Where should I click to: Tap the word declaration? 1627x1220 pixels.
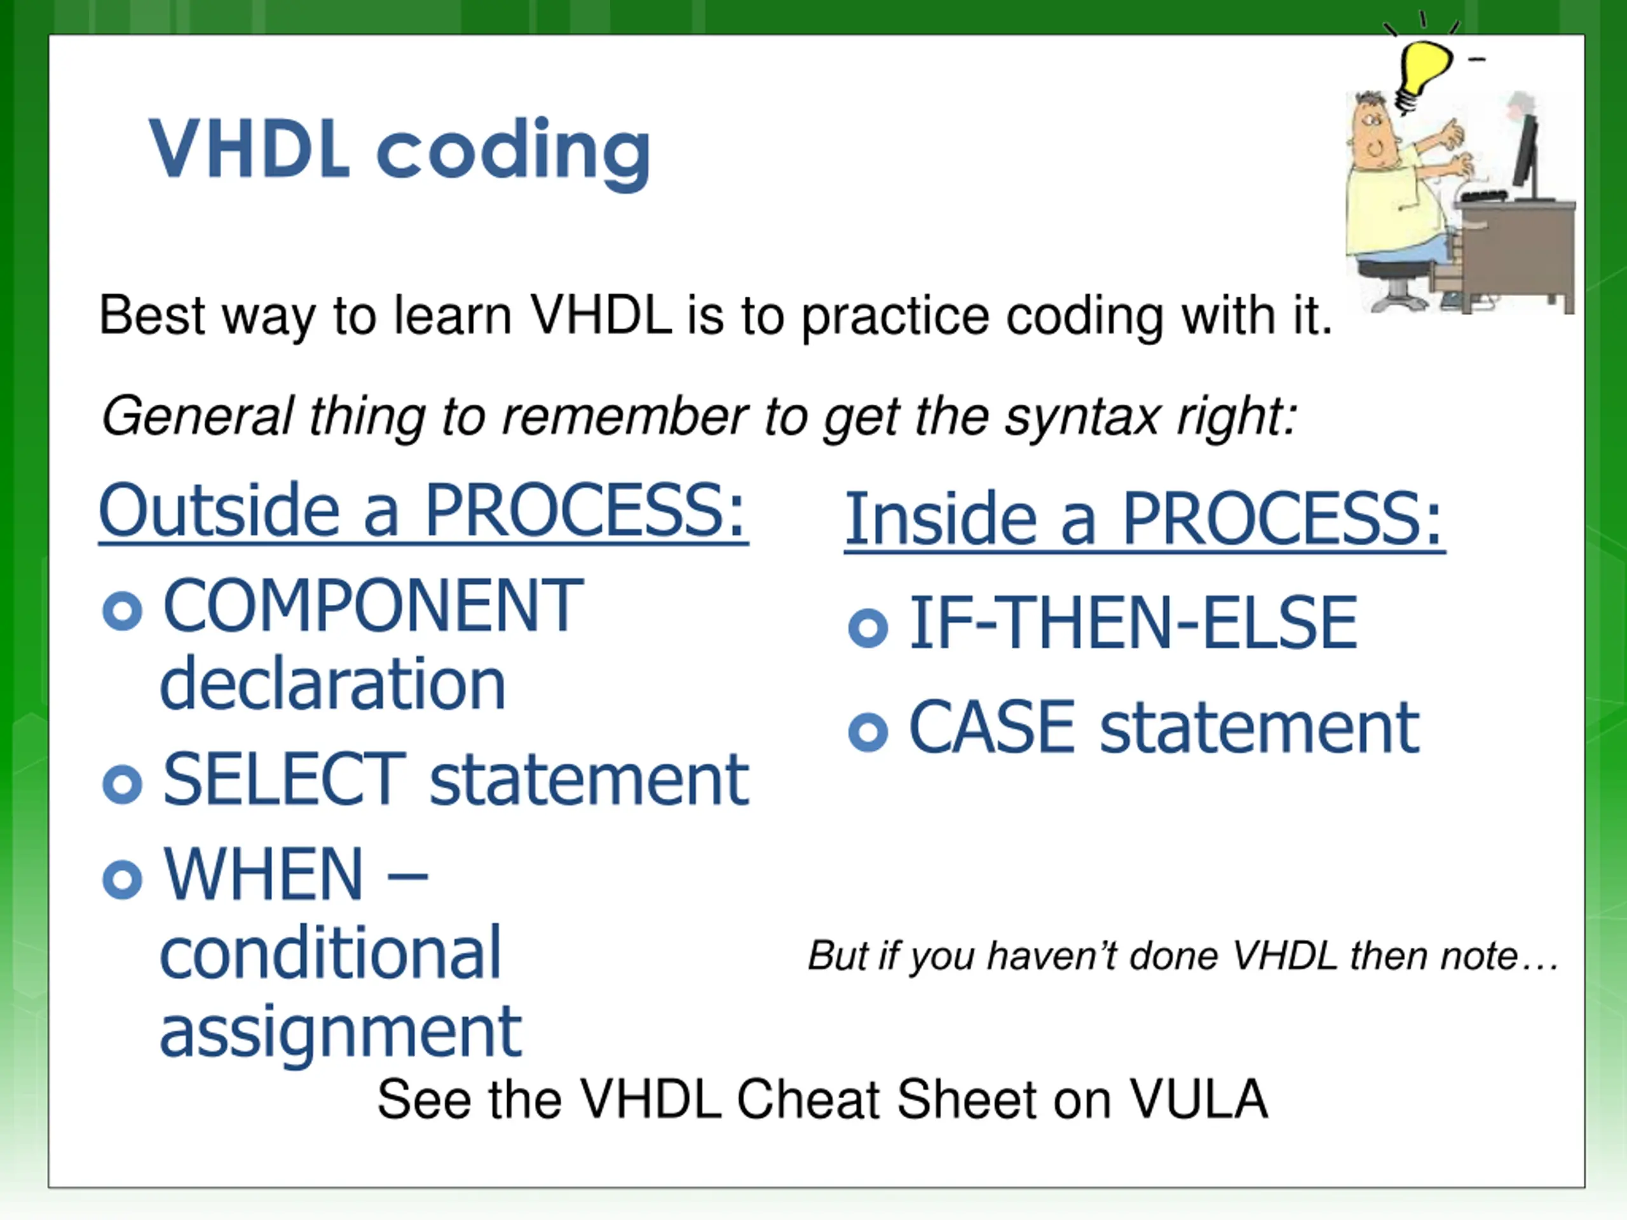pos(332,683)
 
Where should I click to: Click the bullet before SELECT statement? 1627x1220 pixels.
pos(122,784)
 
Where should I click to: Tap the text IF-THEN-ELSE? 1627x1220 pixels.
pos(1133,623)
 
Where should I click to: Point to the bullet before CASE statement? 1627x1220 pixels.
pos(868,732)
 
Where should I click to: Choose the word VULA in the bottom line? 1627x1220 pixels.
pos(1199,1099)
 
